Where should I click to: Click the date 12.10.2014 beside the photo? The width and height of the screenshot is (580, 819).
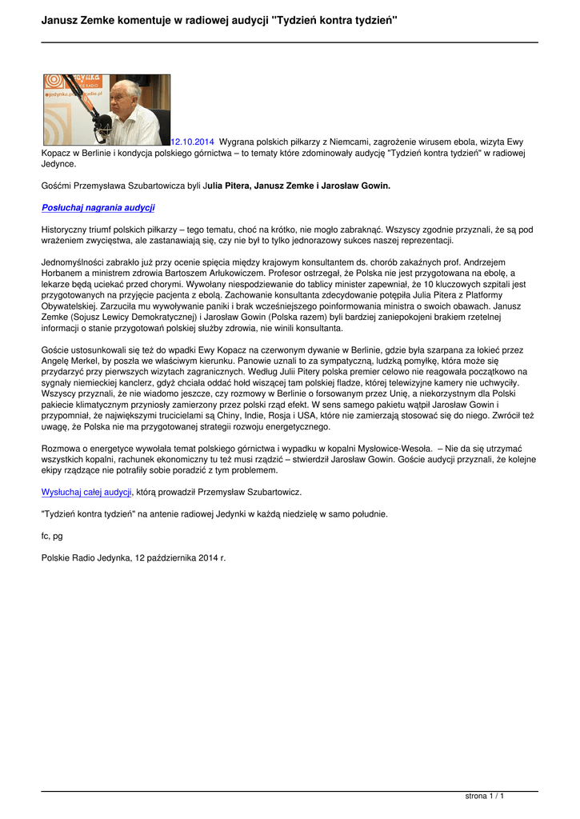(193, 142)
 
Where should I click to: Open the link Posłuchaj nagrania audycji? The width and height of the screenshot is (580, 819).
(98, 207)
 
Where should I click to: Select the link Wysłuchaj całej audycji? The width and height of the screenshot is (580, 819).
(86, 491)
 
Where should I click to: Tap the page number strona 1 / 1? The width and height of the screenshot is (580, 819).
(485, 796)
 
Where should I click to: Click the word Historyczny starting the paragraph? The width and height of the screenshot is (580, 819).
(67, 229)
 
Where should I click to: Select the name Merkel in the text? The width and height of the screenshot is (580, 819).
(86, 361)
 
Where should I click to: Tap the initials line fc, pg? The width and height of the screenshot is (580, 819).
(52, 535)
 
